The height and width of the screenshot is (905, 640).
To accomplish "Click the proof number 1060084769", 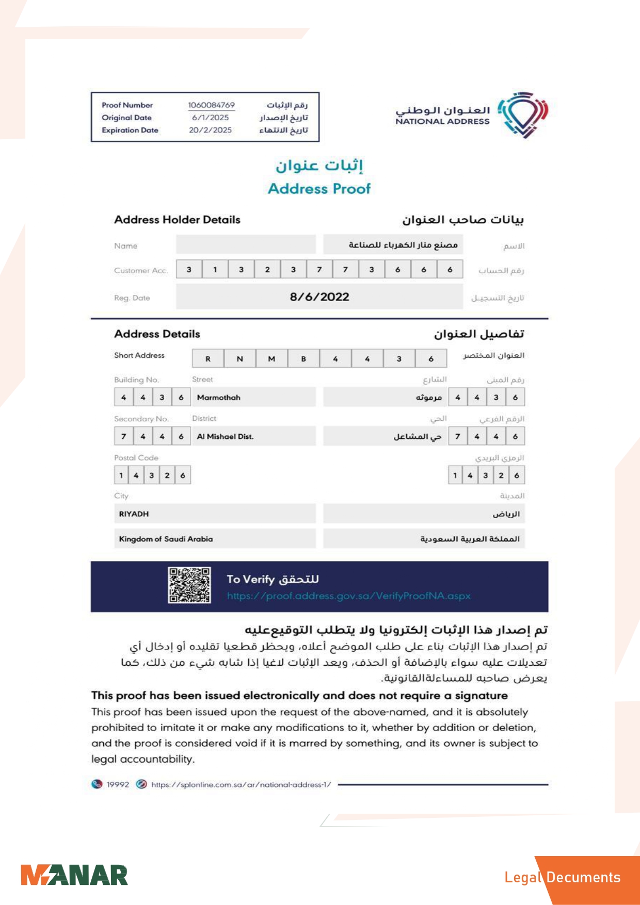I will [x=211, y=105].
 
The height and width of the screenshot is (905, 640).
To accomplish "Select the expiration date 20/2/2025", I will [x=210, y=130].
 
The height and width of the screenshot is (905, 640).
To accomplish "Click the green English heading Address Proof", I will [x=319, y=189].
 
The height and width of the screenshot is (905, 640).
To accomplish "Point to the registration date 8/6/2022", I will [x=319, y=297].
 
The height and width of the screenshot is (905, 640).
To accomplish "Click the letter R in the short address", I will [x=208, y=359].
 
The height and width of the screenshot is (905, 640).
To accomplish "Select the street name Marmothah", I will [x=219, y=398].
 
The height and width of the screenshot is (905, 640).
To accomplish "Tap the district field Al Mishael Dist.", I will [x=226, y=437].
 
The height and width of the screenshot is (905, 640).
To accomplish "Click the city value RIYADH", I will [x=134, y=514].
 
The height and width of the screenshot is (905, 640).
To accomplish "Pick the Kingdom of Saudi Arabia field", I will [x=166, y=539].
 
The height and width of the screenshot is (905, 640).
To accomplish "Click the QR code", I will [x=189, y=585].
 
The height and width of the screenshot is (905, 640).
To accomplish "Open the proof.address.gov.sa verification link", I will [x=348, y=596].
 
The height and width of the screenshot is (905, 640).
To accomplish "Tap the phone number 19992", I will [x=118, y=784].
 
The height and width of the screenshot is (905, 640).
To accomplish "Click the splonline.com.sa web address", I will [x=241, y=785].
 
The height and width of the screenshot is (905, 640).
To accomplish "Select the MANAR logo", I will [x=74, y=876].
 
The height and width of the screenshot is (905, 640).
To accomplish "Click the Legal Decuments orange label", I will [x=562, y=878].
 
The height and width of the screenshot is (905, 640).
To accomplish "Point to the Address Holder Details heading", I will [x=177, y=220].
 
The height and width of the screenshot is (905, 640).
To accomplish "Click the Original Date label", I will [x=126, y=118].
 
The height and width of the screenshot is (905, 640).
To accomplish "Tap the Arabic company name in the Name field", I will [x=403, y=245].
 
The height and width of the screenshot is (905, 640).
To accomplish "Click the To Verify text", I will [x=250, y=579].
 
